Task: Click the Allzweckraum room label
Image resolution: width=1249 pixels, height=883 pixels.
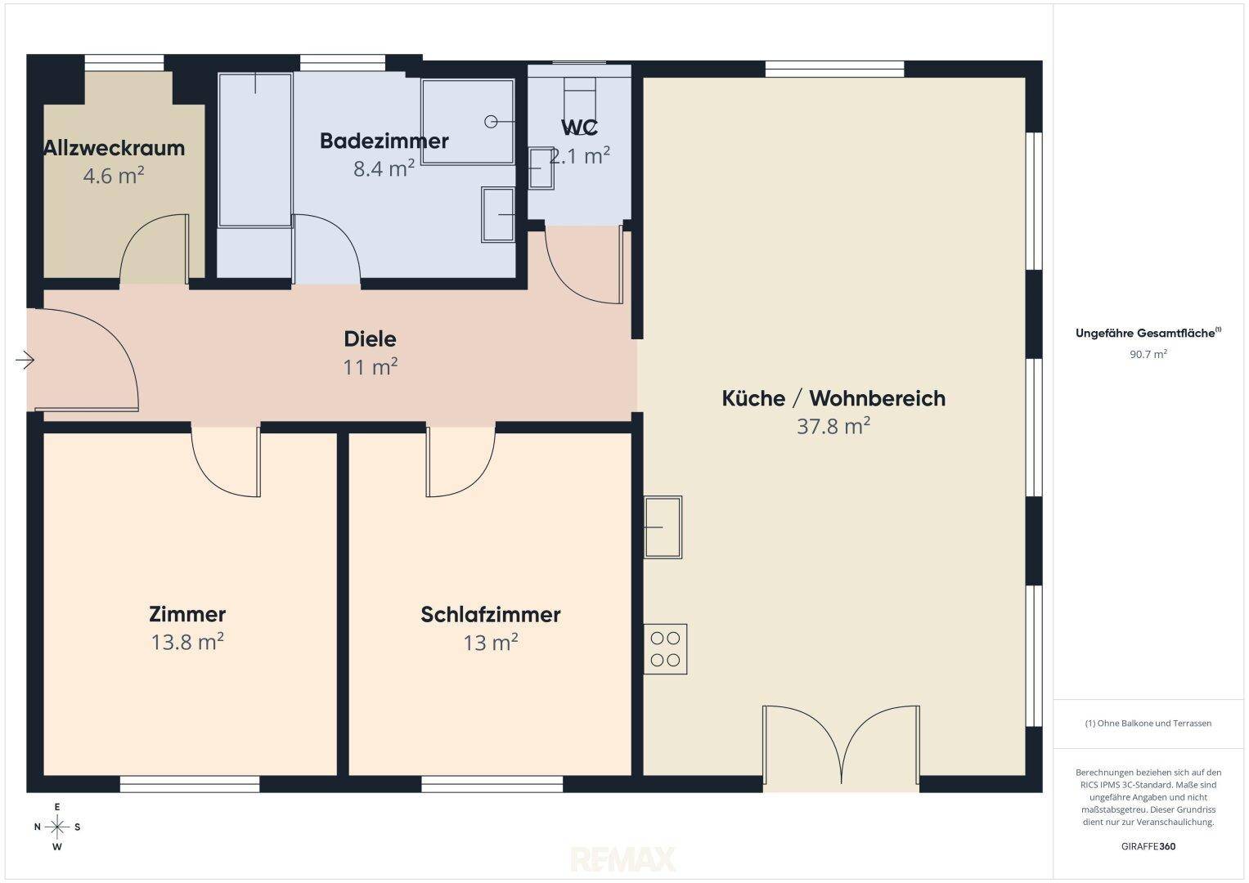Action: pos(115,148)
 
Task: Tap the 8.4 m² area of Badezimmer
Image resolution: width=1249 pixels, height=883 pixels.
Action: pos(384,168)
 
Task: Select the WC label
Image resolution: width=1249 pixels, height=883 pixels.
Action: pos(579,128)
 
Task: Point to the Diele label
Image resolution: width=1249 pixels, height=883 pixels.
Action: pos(371,339)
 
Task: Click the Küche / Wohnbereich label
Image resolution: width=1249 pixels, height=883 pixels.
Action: pos(833,399)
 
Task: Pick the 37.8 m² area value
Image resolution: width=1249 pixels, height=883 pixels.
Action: pos(833,427)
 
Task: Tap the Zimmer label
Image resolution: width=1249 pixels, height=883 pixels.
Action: pos(187,614)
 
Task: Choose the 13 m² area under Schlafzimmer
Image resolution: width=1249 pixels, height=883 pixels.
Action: pos(491,643)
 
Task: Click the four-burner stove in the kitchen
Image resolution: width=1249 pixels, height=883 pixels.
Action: pos(665,649)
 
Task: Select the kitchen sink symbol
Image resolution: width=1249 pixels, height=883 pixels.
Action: pos(663,527)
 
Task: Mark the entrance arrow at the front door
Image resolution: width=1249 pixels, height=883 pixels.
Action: pos(25,360)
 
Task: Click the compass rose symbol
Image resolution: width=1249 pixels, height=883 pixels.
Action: pos(57,827)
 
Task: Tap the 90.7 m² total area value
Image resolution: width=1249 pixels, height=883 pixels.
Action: pos(1148,354)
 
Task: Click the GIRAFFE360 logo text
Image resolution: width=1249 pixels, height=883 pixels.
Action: pos(1148,846)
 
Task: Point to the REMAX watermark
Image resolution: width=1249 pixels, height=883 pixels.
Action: pos(622,859)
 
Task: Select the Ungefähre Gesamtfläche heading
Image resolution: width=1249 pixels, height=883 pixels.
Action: pos(1148,334)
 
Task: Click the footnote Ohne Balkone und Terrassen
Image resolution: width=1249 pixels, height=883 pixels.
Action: pos(1148,723)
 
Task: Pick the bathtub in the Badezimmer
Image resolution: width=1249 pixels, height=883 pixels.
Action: pos(255,150)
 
